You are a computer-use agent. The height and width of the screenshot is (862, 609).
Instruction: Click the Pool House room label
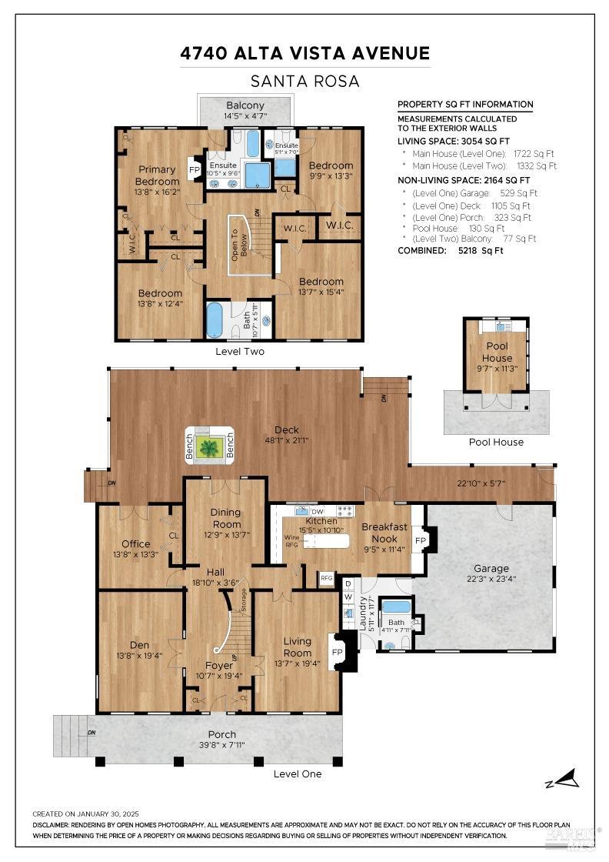tap(497, 352)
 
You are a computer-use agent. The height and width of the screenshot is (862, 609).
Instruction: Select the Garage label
tap(491, 569)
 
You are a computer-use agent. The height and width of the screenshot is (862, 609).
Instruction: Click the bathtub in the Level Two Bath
tap(215, 320)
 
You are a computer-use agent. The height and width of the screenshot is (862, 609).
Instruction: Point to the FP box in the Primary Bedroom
tap(195, 170)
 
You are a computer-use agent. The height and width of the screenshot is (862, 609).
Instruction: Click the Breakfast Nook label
tap(384, 533)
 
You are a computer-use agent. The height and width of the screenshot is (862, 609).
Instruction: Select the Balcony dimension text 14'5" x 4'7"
tap(245, 116)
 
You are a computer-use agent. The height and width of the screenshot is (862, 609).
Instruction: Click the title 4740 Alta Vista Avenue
tap(304, 53)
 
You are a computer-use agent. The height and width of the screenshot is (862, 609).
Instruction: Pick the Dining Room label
tap(225, 517)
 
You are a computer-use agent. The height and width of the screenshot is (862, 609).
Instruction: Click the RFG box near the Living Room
tap(327, 577)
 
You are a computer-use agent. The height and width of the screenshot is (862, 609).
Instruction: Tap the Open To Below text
tap(236, 245)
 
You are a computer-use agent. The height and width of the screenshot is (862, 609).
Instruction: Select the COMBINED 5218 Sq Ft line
tap(450, 250)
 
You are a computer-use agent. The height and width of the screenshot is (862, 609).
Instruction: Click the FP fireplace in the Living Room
tap(337, 652)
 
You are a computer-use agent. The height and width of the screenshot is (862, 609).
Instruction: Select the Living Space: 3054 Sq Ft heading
tap(453, 141)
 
